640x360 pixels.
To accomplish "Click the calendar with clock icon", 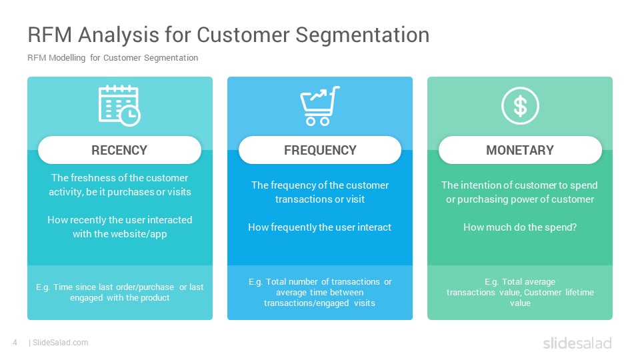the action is pos(119,106).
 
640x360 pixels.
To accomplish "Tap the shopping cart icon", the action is pos(320,106).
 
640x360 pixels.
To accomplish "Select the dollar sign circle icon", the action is pos(520,106).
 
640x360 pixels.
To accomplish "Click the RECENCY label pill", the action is pos(119,150).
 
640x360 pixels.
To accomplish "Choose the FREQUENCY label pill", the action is pos(320,150).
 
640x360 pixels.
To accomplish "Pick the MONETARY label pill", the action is pos(520,150).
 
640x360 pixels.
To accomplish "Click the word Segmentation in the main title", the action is pos(363,35).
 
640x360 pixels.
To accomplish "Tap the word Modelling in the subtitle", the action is pos(67,58).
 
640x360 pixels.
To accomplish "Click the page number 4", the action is pos(15,343).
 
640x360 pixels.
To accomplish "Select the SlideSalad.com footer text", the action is pos(61,343).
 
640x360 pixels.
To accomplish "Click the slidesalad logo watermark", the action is pos(577,343).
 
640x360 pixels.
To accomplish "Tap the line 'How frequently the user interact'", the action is pos(319,227).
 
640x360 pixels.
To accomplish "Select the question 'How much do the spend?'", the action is pos(520,227).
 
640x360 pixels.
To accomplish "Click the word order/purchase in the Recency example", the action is pos(144,287).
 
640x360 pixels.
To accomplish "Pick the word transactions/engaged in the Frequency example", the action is pos(306,303).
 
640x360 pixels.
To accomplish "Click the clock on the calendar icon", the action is pos(130,116).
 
